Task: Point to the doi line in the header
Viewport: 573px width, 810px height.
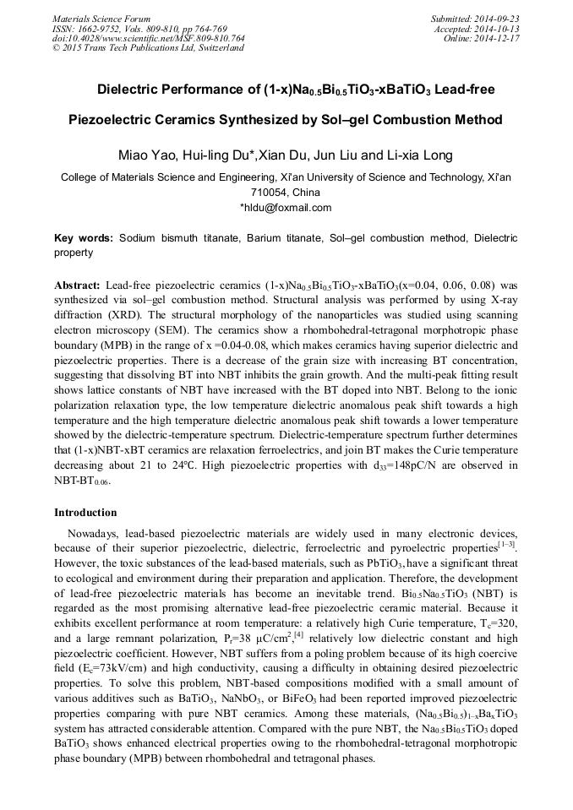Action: (148, 38)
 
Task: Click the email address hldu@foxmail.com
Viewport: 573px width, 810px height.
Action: (288, 208)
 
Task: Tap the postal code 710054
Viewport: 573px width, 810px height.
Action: (286, 193)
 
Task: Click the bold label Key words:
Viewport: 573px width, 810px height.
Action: (83, 239)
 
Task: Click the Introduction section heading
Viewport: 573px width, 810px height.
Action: (85, 512)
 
